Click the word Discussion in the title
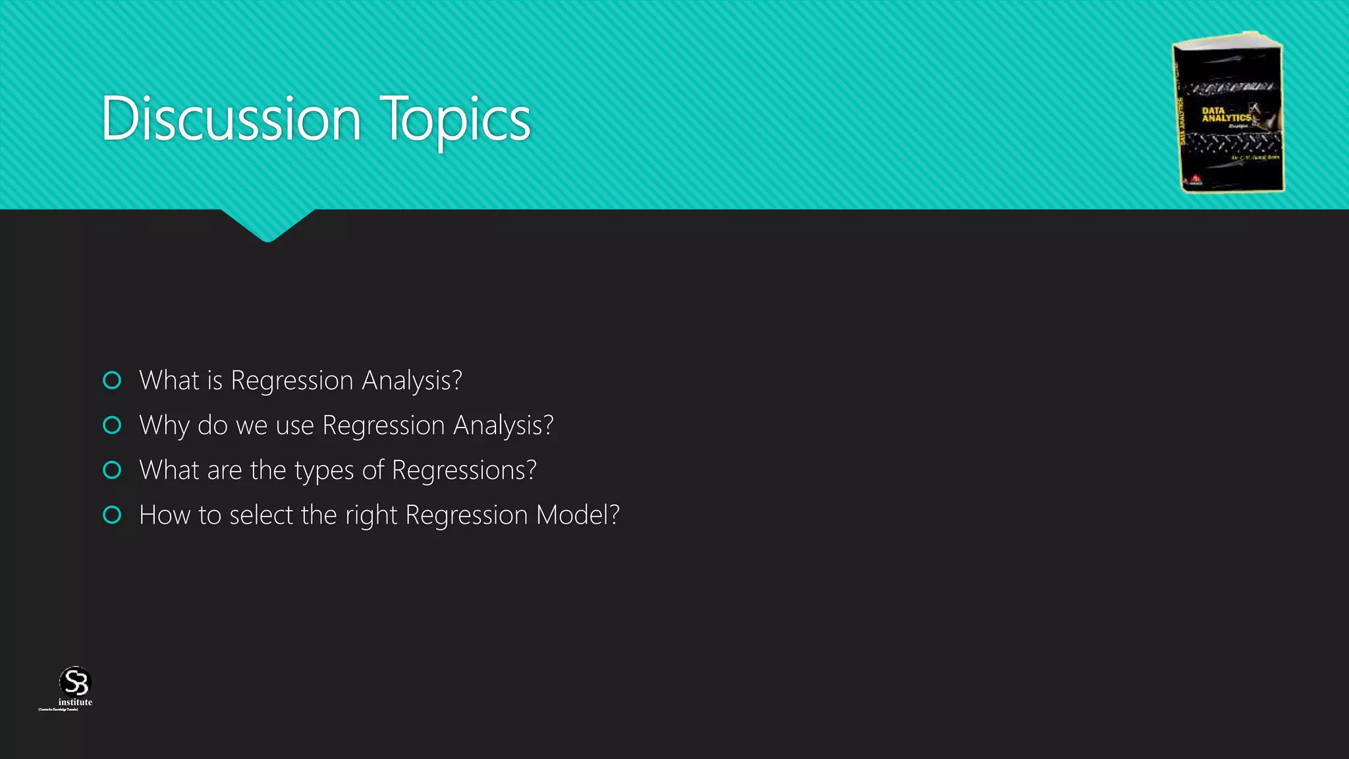point(231,119)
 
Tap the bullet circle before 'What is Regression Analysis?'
point(113,380)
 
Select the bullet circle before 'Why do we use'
point(113,425)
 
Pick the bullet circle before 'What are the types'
point(113,470)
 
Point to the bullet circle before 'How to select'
point(113,515)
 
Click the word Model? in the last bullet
point(578,515)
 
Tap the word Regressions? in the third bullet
point(464,470)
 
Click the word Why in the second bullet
point(164,426)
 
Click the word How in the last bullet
point(165,515)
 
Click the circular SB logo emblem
point(74,681)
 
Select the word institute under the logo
point(75,702)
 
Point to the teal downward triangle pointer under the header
point(267,225)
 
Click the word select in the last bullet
point(261,515)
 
